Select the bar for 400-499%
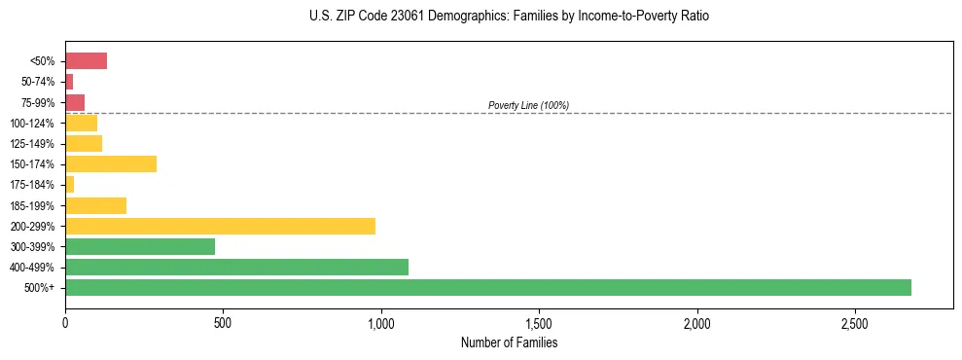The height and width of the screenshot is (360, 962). pos(236,267)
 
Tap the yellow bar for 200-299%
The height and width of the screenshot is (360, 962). pos(220,226)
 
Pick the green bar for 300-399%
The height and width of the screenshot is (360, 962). pos(140,246)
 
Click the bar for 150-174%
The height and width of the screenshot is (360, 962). pos(111,163)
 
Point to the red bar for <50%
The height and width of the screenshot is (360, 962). pos(86,60)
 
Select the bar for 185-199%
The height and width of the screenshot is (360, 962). pos(95,205)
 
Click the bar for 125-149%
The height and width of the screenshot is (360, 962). pos(84,143)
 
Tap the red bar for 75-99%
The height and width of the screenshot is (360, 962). pos(75,102)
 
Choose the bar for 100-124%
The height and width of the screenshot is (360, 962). pos(81,123)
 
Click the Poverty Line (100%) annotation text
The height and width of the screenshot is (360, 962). pos(528,105)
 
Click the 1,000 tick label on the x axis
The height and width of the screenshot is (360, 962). pos(381,322)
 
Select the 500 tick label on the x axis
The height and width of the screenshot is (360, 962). pos(223,322)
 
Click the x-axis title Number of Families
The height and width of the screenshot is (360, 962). pos(509,342)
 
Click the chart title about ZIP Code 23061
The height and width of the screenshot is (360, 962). pos(509,17)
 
